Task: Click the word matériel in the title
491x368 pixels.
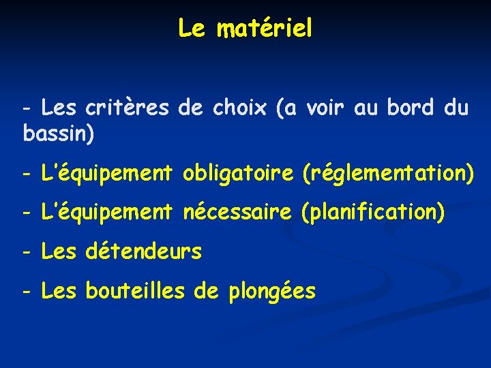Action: [265, 29]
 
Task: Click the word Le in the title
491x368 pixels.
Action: [191, 29]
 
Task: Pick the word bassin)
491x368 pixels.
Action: [59, 134]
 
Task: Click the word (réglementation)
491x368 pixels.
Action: [387, 174]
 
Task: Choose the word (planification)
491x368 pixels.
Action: [372, 213]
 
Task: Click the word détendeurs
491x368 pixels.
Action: [144, 252]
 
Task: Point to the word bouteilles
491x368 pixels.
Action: [134, 292]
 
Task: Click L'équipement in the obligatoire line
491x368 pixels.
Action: [106, 174]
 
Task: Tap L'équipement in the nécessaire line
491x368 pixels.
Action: [106, 213]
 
